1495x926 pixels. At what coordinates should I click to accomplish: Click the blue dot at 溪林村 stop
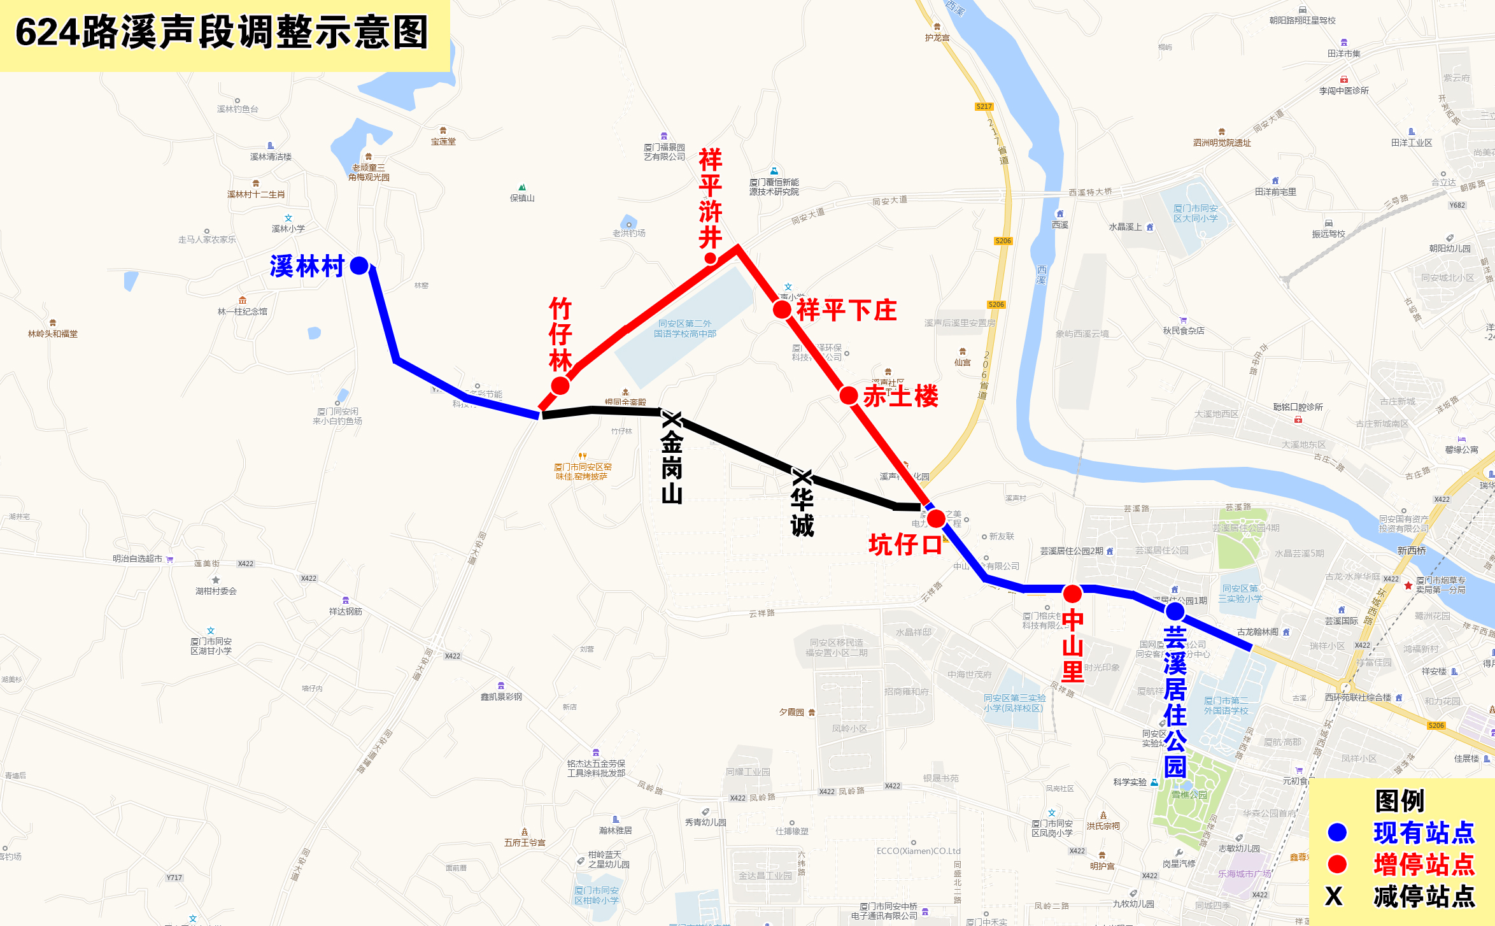pos(359,266)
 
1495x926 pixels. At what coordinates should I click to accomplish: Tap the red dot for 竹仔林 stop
pos(560,386)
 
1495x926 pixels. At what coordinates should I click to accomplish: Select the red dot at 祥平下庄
pos(782,310)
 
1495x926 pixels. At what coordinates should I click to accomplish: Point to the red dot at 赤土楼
pos(848,395)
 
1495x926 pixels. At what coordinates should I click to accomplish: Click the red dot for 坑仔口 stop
pos(936,518)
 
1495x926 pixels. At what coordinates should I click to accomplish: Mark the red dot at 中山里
pos(1072,594)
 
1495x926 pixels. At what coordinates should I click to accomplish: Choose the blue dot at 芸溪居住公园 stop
pos(1175,611)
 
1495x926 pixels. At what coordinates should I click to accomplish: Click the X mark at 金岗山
pos(671,419)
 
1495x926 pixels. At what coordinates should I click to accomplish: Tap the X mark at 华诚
pos(802,477)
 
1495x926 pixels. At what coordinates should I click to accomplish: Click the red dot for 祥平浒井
pos(711,258)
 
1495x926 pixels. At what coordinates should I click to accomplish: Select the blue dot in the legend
pos(1337,832)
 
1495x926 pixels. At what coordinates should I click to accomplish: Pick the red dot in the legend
pos(1337,864)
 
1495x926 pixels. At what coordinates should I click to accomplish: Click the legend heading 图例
pos(1399,801)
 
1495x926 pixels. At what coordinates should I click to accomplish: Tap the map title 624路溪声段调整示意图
pos(222,33)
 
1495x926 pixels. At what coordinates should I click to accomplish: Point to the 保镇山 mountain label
pos(522,198)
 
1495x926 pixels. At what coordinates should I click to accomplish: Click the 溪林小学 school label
pos(288,229)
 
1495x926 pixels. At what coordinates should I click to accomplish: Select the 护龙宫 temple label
pos(937,38)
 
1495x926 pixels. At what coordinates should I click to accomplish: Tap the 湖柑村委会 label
pos(216,591)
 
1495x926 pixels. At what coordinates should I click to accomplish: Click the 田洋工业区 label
pos(1412,143)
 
